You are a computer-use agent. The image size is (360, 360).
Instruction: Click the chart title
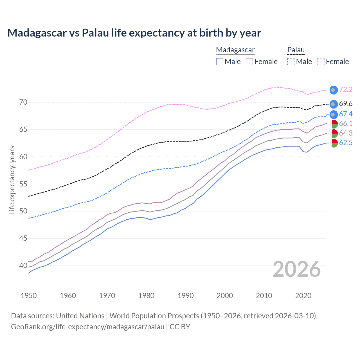pos(134,33)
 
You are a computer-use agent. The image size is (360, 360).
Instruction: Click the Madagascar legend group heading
pos(235,50)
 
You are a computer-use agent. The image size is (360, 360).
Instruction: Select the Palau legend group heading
pos(296,50)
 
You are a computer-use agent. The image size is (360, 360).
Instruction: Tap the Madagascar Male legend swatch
pos(220,62)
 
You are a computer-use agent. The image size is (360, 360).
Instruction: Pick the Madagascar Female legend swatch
pos(249,62)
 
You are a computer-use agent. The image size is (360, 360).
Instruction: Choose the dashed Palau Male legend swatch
pos(291,62)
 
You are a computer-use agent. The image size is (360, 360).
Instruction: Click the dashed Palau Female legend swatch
pos(321,62)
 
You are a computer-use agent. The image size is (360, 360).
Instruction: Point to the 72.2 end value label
pos(346,89)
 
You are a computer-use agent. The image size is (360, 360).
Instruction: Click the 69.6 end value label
pos(346,104)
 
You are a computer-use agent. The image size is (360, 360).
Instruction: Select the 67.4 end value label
pos(346,114)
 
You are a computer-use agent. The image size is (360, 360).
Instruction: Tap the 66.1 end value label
pos(346,123)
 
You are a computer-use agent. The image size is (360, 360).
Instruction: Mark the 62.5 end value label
pos(346,143)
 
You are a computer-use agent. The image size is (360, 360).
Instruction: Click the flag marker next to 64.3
pos(334,133)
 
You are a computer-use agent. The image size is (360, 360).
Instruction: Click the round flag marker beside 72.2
pos(333,90)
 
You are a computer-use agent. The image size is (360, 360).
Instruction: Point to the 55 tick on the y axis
pos(23,184)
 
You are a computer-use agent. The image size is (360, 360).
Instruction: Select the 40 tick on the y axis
pos(23,265)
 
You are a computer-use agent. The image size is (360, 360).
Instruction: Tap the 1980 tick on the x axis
pos(147,296)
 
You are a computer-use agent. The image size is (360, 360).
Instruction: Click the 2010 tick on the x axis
pos(264,296)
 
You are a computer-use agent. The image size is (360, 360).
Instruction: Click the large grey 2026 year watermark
pos(297,269)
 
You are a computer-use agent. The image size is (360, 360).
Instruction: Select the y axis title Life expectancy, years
pos(12,180)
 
